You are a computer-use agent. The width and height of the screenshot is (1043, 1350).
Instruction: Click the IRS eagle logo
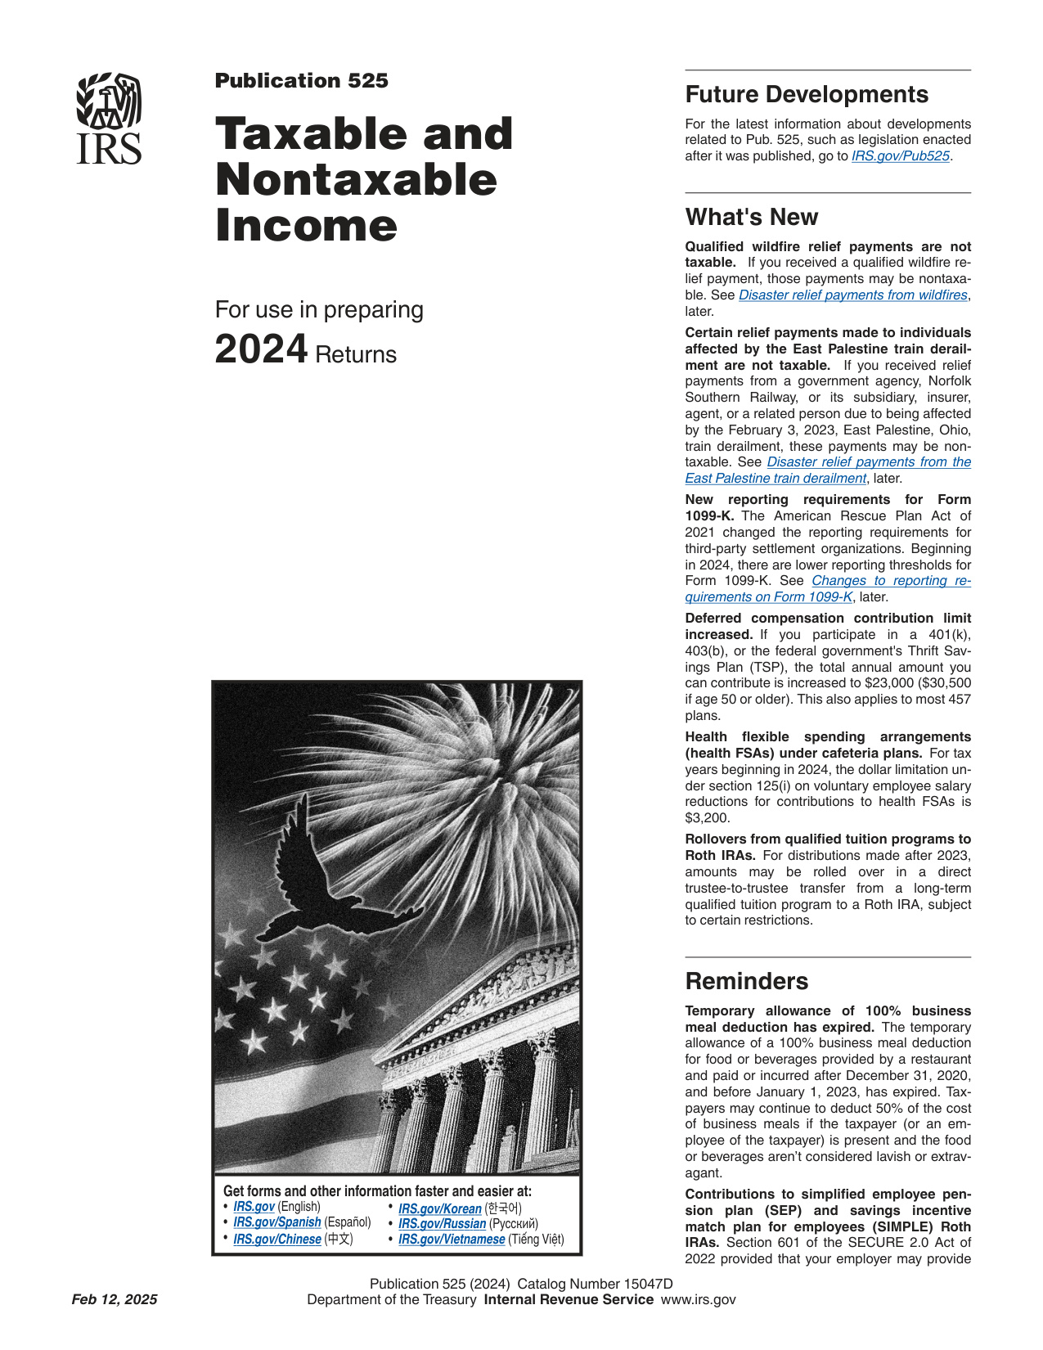pos(109,119)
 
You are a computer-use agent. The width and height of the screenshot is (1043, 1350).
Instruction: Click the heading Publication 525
pos(301,81)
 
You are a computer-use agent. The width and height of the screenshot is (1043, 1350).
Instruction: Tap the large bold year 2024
pos(261,350)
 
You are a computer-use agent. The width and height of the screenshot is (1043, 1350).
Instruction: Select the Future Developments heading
pos(807,95)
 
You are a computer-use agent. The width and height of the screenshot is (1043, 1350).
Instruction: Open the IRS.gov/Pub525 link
pos(900,156)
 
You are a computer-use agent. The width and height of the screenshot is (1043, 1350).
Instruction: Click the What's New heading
pos(751,218)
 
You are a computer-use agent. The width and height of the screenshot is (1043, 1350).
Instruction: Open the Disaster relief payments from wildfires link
pos(852,295)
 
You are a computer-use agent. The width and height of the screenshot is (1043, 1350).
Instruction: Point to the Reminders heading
pos(746,982)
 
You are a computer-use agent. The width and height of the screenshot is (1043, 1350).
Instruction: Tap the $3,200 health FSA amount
pos(707,818)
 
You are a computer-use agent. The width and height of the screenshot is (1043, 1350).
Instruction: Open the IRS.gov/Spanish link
pos(276,1222)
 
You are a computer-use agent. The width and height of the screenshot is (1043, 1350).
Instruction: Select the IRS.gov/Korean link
pos(439,1208)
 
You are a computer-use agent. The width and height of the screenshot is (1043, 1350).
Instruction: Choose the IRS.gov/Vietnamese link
pos(451,1240)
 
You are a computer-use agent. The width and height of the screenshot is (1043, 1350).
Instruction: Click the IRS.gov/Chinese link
pos(276,1240)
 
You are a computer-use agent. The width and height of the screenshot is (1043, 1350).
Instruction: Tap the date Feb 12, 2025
pos(115,1300)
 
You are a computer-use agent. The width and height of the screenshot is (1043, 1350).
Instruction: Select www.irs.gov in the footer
pos(698,1300)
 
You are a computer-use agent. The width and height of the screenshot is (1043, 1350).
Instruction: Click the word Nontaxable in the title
pos(356,180)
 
